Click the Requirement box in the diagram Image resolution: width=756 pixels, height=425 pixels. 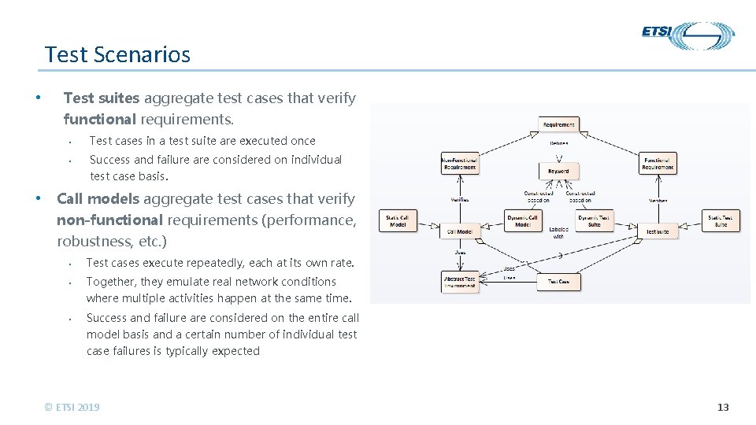tap(559, 124)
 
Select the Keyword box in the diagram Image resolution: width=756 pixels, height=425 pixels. tap(558, 171)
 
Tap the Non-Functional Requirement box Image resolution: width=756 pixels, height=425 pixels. tap(459, 163)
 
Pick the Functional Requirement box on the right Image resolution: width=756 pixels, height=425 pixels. tap(658, 163)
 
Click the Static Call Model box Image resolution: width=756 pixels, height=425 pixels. tap(398, 221)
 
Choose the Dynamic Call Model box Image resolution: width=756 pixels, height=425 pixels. tap(523, 221)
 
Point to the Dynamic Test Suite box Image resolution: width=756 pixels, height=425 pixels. tap(595, 221)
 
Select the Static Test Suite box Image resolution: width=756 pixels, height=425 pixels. tap(721, 221)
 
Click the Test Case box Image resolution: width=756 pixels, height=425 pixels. tap(558, 281)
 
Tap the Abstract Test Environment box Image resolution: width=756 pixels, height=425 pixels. tap(459, 282)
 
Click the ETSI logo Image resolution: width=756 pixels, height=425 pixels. tap(687, 35)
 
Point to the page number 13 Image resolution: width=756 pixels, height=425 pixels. tap(723, 407)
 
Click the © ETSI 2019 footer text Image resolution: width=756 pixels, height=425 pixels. tap(72, 407)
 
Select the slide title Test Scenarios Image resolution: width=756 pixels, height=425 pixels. tap(117, 54)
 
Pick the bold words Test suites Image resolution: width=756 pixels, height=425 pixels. tap(101, 98)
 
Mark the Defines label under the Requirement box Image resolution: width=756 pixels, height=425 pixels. tap(558, 142)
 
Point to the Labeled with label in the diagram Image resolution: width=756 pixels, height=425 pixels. tap(558, 233)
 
